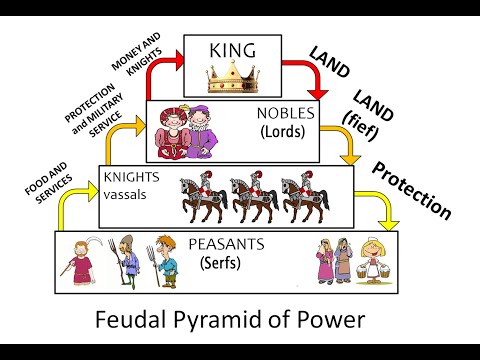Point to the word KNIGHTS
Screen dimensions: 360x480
point(131,177)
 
